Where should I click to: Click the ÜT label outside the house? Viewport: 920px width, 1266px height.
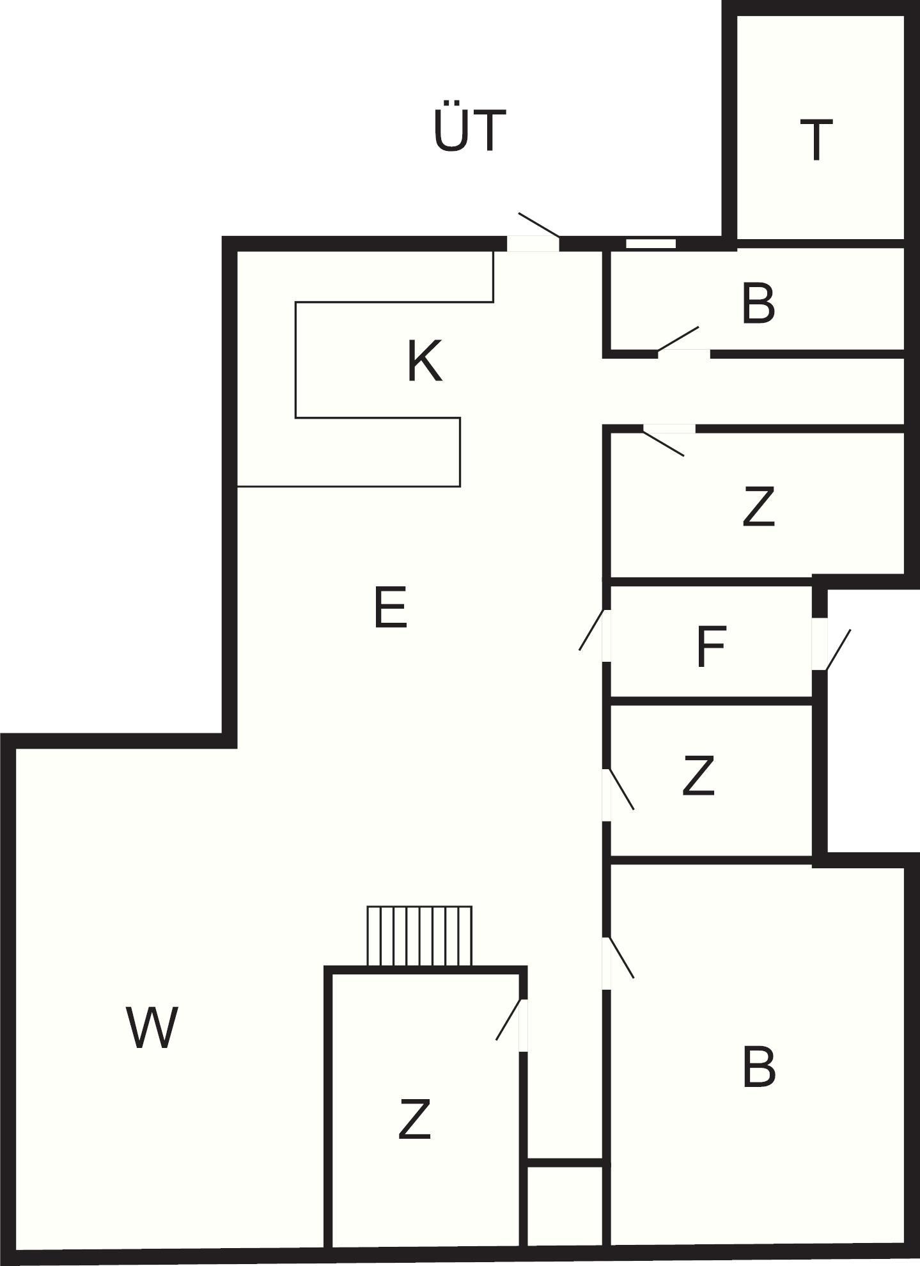pyautogui.click(x=470, y=130)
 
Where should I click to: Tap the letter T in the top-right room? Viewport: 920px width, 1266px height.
pyautogui.click(x=816, y=140)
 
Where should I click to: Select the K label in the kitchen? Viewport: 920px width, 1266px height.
pyautogui.click(x=425, y=361)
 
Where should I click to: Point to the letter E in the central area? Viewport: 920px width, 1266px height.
pyautogui.click(x=390, y=608)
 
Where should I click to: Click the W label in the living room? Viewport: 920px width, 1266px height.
pyautogui.click(x=152, y=1027)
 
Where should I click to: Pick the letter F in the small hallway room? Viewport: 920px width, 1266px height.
pyautogui.click(x=710, y=647)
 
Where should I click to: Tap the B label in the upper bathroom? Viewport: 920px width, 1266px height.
pyautogui.click(x=758, y=304)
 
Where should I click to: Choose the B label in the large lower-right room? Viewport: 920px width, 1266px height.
pyautogui.click(x=759, y=1067)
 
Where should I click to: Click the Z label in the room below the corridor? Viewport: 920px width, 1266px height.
pyautogui.click(x=758, y=506)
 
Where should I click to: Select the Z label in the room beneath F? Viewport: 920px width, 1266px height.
pyautogui.click(x=698, y=776)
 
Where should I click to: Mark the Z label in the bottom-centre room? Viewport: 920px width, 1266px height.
pyautogui.click(x=414, y=1119)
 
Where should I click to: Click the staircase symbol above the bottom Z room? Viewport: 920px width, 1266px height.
pyautogui.click(x=419, y=936)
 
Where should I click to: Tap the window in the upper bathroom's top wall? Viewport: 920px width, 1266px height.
pyautogui.click(x=651, y=244)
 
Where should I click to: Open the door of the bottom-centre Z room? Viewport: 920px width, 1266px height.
pyautogui.click(x=512, y=1024)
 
